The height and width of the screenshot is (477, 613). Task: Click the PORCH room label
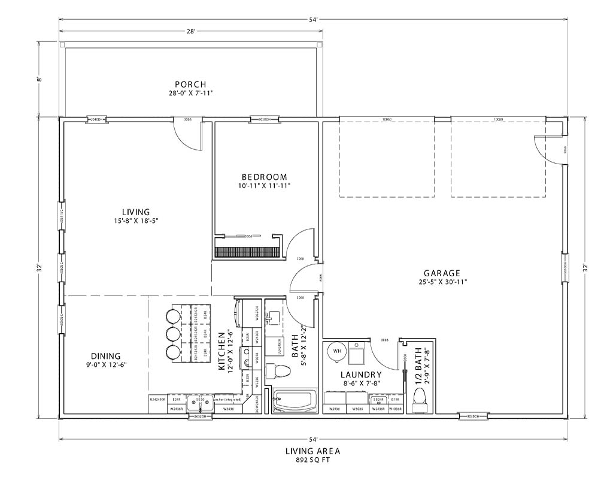pyautogui.click(x=190, y=84)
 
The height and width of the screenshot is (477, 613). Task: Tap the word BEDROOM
pyautogui.click(x=264, y=177)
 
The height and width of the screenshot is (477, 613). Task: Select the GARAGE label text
pyautogui.click(x=443, y=273)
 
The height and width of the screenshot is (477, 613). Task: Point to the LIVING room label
pyautogui.click(x=136, y=212)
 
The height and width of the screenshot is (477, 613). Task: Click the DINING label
pyautogui.click(x=106, y=355)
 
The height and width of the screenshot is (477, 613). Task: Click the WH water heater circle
pyautogui.click(x=336, y=351)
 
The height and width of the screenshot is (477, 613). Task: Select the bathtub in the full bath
pyautogui.click(x=294, y=401)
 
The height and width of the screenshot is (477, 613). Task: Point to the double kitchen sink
pyautogui.click(x=199, y=402)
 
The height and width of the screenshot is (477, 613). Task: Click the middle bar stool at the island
pyautogui.click(x=174, y=333)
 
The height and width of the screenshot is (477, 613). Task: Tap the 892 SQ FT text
pyautogui.click(x=309, y=460)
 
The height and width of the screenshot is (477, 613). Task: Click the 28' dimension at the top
pyautogui.click(x=191, y=31)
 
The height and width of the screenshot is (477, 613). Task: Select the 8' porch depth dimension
pyautogui.click(x=40, y=79)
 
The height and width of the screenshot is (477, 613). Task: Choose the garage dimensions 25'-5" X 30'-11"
pyautogui.click(x=443, y=281)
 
